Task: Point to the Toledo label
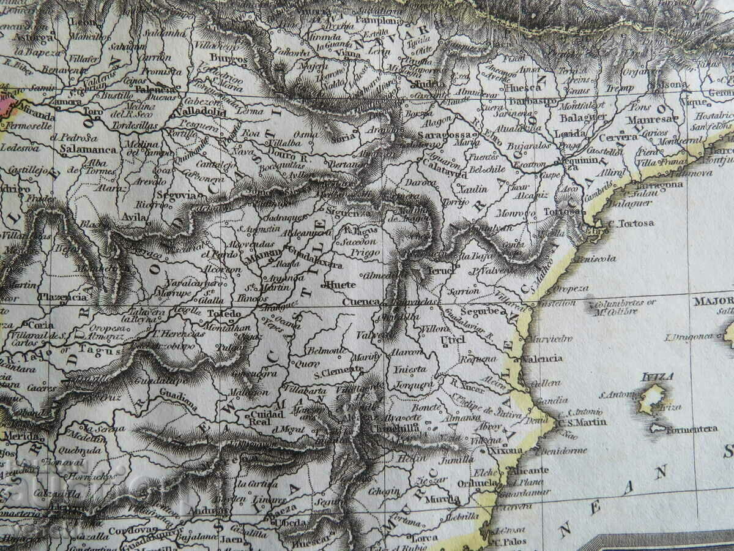coord(223,313)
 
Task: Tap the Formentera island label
coord(691,429)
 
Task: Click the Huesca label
coord(506,88)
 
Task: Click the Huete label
coord(341,285)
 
